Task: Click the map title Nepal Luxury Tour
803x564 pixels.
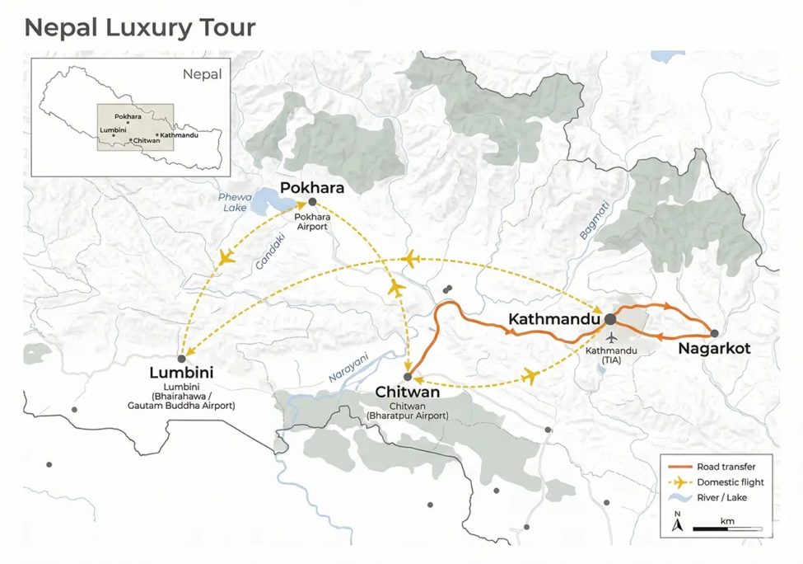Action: tap(140, 27)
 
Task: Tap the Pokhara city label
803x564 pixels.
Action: tap(312, 187)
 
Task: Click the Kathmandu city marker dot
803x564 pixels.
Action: tap(610, 318)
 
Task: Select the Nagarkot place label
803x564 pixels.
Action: tap(714, 349)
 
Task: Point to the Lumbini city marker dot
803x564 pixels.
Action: tap(181, 359)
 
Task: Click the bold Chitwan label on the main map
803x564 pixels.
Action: tap(408, 392)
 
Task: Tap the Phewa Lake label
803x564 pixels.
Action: tap(234, 203)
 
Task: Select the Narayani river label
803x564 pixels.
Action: tap(349, 366)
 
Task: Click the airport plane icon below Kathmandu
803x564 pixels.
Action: tap(611, 337)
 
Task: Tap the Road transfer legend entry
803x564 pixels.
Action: tap(725, 467)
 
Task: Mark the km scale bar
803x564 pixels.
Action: tap(727, 529)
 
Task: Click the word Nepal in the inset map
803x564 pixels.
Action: tap(202, 73)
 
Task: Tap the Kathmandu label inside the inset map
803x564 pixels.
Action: tap(179, 135)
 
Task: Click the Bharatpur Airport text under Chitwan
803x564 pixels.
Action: tap(408, 416)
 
